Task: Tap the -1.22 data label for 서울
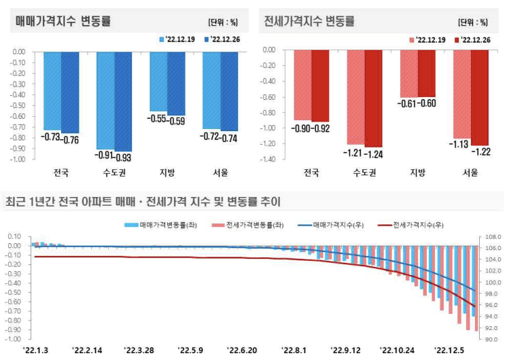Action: (482, 151)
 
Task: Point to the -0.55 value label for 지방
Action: (158, 120)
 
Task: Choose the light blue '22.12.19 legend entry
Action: (177, 40)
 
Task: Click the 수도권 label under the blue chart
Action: (114, 173)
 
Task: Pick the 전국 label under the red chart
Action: (311, 173)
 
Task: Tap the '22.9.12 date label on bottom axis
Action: (345, 350)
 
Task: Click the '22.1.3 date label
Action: (35, 350)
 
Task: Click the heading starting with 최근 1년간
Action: (143, 202)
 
